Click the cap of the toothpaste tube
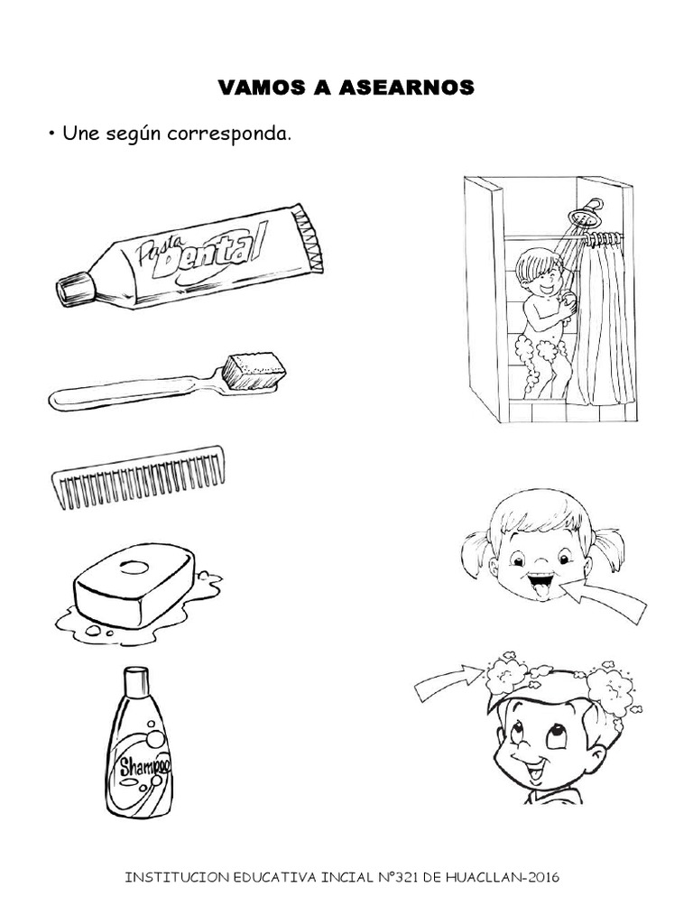pyautogui.click(x=72, y=289)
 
